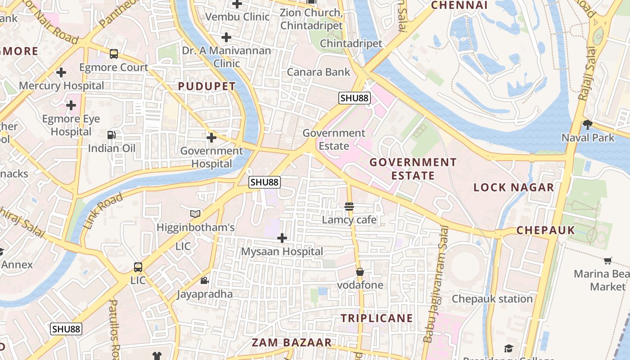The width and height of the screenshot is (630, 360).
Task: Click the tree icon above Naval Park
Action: pos(587,124)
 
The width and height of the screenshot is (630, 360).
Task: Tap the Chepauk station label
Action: pos(492,299)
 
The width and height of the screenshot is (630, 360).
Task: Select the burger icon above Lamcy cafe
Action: pos(349,207)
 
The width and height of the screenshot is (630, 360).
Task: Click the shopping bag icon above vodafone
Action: pos(360,272)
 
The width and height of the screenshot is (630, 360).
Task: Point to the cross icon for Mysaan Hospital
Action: pos(282,238)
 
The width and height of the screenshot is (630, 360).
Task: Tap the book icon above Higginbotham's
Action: pos(195,214)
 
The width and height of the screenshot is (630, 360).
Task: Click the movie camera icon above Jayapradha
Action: pos(204,281)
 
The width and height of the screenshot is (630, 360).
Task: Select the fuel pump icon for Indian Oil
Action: pos(111,135)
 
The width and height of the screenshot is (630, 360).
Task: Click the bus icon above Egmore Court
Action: pos(114,54)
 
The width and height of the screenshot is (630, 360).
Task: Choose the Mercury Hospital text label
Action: pos(61,85)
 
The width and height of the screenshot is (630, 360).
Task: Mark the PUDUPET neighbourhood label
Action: pos(207,86)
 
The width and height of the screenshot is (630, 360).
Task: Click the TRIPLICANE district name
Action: pos(377,318)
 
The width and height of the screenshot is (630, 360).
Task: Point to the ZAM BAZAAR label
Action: pos(292,342)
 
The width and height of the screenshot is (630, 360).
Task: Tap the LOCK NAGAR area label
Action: pos(513,188)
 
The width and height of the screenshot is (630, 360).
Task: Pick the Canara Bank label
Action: pos(319,72)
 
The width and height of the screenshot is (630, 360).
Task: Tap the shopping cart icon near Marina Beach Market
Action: pos(607,261)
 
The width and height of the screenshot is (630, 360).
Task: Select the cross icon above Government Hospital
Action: pos(211,137)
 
